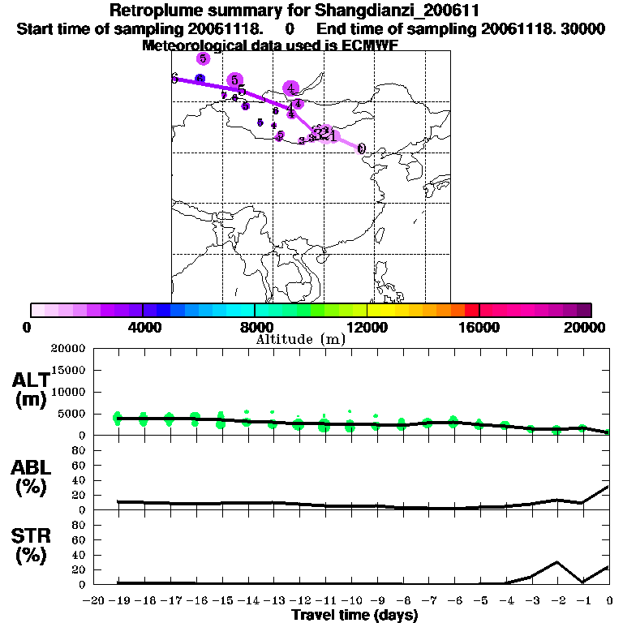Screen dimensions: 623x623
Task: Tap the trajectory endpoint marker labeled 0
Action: tap(361, 149)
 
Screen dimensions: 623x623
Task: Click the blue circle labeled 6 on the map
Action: tap(200, 79)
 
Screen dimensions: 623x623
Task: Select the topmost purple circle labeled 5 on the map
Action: tap(203, 58)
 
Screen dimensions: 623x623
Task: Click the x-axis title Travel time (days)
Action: tap(354, 615)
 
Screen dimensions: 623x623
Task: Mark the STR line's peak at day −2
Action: tap(556, 561)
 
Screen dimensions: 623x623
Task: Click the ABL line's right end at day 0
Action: tap(608, 487)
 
